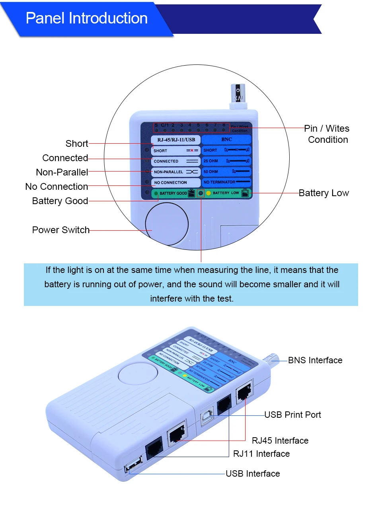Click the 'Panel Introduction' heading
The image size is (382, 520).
coord(86,18)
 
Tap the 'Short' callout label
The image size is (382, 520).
coord(77,144)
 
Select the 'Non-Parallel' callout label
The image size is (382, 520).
coord(62,172)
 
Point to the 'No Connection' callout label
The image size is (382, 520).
coord(57,187)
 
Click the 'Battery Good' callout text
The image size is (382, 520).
coord(60,201)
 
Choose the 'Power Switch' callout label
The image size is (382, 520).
coord(61,230)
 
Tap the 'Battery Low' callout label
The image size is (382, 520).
coord(324,193)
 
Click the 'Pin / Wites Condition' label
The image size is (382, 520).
coord(327,134)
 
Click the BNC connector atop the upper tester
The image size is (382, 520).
coord(238,96)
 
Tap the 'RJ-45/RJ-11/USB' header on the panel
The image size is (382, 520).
coord(176,140)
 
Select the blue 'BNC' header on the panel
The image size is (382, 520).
coord(226,139)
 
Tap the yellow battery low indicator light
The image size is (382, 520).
coord(209,193)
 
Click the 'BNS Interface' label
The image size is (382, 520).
coord(315,360)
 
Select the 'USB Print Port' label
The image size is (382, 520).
coord(292,415)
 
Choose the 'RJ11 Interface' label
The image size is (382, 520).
coord(261,454)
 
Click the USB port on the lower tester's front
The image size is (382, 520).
coord(134,464)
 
